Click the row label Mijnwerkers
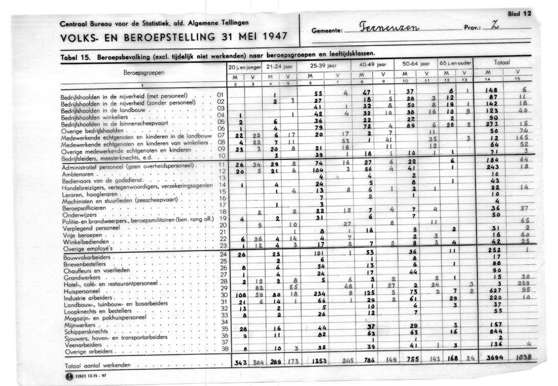[x=78, y=324]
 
